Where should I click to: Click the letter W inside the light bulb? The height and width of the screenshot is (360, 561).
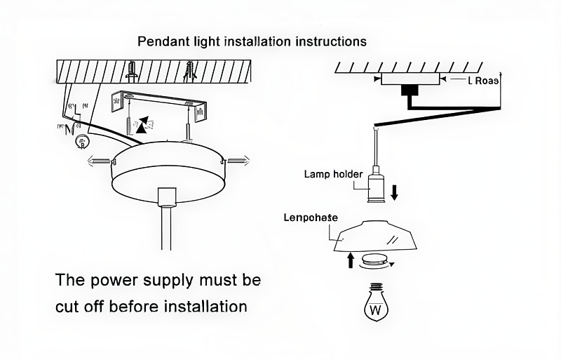point(376,309)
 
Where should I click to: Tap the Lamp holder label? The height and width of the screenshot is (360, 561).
point(333,174)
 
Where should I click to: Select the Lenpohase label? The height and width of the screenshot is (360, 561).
point(311,218)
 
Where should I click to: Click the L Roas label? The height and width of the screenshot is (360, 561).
point(483,81)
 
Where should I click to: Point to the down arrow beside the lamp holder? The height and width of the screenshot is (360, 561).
point(394,191)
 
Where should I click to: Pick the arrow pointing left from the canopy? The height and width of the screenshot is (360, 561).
point(99,161)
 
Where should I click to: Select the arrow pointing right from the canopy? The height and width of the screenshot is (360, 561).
point(237,161)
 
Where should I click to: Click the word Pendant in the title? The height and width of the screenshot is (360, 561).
point(161,41)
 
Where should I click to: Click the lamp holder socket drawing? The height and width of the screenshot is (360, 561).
point(376,187)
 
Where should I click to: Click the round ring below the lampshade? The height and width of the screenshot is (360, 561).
point(376,261)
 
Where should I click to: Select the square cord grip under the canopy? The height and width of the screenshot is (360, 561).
point(166,196)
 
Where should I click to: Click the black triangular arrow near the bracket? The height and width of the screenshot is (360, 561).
point(143,125)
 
